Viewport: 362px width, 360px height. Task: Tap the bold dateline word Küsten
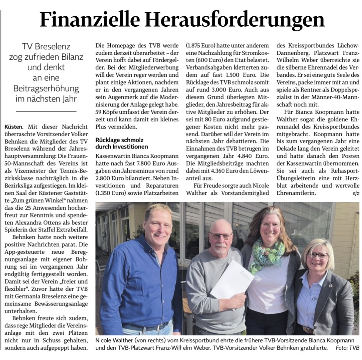pos(14,127)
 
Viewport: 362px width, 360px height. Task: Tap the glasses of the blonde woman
pos(318,255)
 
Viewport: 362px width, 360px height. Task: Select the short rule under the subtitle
pos(46,111)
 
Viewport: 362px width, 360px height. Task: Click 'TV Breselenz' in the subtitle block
pos(46,47)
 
